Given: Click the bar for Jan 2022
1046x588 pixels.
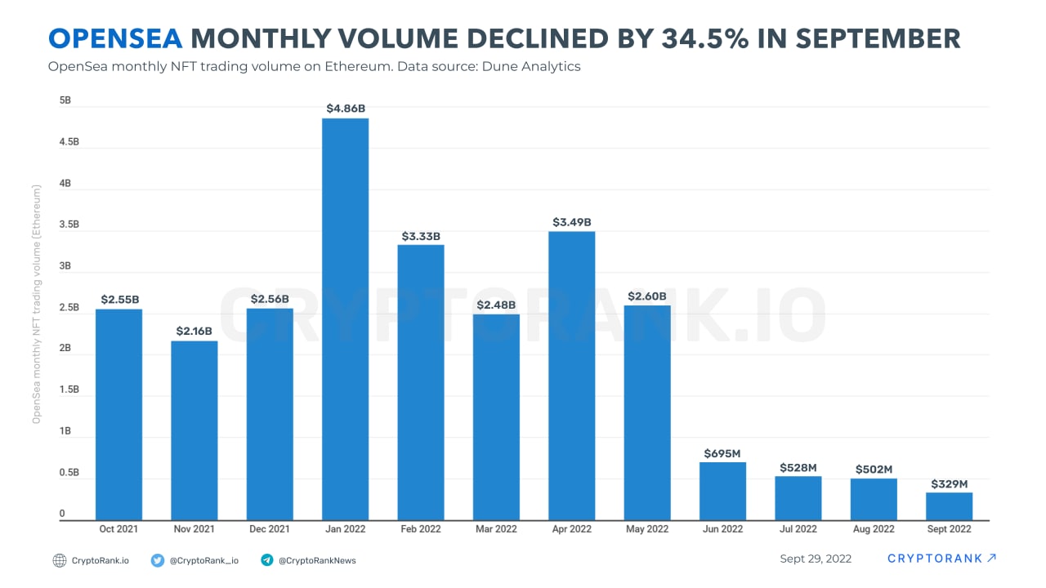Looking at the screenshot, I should click(345, 318).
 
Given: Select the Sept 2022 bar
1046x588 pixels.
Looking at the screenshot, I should click(949, 506).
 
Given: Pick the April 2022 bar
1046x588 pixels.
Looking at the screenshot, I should click(571, 376).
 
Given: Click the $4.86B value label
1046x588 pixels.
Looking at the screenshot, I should click(345, 108).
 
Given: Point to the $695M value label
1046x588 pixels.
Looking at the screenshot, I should click(722, 452).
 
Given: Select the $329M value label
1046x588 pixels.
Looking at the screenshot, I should click(949, 483).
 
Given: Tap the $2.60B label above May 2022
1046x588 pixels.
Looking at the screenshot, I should click(646, 296).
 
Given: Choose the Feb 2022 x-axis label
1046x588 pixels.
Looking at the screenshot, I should click(420, 529).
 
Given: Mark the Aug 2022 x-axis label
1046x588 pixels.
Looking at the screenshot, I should click(874, 529).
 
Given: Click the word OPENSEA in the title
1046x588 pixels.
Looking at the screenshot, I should click(116, 38).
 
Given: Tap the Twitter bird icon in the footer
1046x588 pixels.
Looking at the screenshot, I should click(158, 560).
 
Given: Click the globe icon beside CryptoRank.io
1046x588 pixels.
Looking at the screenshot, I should click(59, 560).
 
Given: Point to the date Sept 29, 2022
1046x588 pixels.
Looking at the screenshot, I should click(816, 559).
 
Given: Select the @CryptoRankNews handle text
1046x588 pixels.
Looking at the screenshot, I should click(317, 560).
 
